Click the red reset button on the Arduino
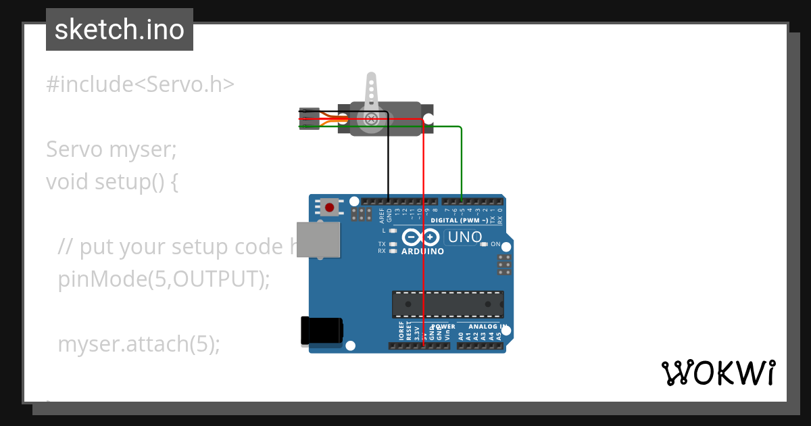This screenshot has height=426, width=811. coord(329,207)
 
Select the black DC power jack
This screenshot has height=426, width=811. coord(322,331)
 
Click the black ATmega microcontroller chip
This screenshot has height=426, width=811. coord(447,304)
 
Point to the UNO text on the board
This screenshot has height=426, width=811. coord(465,237)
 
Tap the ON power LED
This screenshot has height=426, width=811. coord(483,244)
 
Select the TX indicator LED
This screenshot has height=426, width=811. coord(393,243)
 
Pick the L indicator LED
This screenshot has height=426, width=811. coord(393,231)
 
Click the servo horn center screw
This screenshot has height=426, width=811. coord(371,119)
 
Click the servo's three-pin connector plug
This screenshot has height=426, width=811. coord(309,119)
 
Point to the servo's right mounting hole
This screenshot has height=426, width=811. coord(427,119)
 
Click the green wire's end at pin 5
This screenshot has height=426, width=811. coord(462,201)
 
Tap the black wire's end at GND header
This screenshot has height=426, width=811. coord(389,201)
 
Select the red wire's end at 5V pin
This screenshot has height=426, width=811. coord(424,346)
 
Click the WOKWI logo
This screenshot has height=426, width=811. coord(718,373)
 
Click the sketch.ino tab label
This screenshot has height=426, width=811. coord(120,30)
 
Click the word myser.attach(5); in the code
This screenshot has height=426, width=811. coord(139,344)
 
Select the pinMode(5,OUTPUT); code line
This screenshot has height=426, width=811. coord(164,279)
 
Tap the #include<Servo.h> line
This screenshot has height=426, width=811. coord(141,85)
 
